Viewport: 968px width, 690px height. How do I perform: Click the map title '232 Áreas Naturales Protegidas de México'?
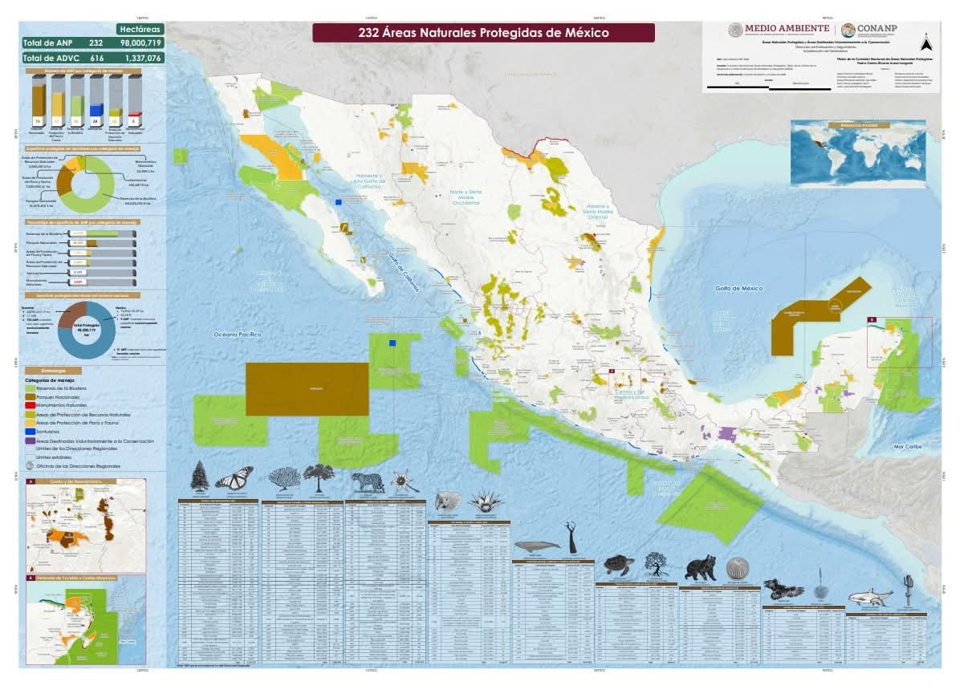483,33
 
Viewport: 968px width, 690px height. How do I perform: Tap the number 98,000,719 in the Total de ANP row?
141,43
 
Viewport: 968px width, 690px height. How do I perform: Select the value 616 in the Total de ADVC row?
96,59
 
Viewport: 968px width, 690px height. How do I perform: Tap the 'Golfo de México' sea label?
739,288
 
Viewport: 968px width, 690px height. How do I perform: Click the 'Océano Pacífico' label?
233,333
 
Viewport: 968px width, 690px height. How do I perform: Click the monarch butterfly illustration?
234,479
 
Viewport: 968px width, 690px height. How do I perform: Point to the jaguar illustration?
368,481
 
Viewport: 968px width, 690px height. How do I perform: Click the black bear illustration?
700,567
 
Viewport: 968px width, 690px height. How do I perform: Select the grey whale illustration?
537,546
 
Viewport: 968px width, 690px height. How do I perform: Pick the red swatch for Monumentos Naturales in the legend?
30,406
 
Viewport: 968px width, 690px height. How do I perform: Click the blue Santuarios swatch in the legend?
30,432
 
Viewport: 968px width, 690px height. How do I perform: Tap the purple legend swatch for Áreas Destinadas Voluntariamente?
30,440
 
